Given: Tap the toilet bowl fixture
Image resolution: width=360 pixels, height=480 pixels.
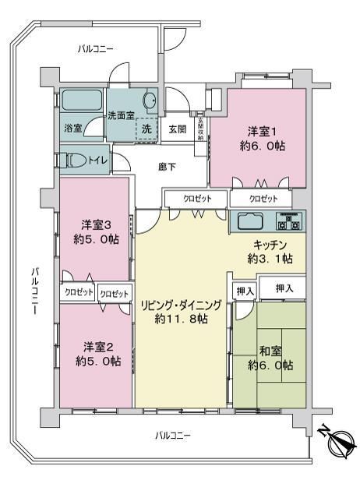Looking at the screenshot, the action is [76, 161].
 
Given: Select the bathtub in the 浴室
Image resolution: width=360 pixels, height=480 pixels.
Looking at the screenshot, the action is [82, 100].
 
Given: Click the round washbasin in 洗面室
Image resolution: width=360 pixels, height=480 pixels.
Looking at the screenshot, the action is [150, 99].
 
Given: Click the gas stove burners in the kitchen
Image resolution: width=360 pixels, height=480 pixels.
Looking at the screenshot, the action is [288, 221].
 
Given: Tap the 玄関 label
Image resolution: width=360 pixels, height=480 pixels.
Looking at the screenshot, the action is [178, 129].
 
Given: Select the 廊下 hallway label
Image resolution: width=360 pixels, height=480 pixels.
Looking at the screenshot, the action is [167, 167].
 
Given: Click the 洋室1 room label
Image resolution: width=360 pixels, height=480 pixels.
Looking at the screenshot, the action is [263, 132].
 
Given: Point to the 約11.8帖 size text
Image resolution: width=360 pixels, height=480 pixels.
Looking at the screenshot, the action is [182, 319].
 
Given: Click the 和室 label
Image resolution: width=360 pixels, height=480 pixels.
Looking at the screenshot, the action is [270, 351].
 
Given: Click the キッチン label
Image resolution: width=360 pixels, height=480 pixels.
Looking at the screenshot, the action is [270, 245].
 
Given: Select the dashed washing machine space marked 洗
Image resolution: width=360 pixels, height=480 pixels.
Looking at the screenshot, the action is [146, 129].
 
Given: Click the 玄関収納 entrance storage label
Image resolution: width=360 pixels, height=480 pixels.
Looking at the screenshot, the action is [200, 129].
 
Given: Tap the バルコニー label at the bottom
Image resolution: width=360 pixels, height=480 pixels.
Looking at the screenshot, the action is [173, 436].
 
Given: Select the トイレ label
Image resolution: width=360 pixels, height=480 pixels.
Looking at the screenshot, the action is [97, 161].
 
